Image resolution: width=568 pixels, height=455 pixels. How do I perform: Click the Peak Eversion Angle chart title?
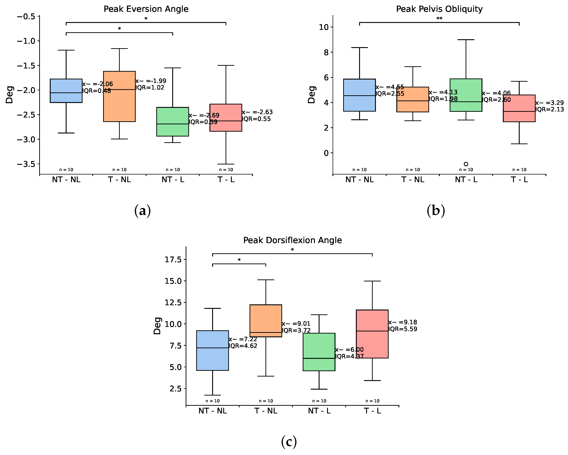146,9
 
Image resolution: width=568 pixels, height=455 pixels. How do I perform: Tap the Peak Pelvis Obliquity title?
439,9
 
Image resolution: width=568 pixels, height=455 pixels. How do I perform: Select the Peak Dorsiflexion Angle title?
293,240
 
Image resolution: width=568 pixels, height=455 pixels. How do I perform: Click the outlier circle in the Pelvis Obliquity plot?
466,164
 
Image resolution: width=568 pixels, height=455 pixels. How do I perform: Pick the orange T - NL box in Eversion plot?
119,96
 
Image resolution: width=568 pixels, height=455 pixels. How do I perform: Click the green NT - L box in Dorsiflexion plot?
319,352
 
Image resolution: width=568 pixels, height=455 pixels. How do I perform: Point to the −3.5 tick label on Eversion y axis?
26,164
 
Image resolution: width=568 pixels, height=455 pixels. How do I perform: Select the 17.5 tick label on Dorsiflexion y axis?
173,260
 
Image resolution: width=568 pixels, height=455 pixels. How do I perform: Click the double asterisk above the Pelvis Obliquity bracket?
439,18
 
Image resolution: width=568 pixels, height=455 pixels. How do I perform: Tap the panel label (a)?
142,211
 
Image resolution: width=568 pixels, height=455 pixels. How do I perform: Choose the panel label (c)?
289,442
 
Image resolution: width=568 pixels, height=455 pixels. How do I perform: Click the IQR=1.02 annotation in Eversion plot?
150,88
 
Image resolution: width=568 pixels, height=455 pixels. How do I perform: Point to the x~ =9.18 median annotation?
403,322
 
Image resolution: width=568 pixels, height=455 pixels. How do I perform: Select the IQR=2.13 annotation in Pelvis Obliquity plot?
550,109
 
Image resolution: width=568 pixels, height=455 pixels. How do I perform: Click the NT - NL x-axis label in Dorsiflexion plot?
213,411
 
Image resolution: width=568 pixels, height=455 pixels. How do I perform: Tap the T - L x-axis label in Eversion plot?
226,179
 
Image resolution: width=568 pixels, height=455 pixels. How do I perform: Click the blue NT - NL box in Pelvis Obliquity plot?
359,95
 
